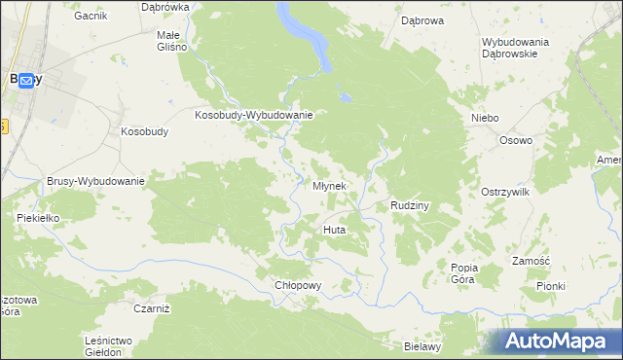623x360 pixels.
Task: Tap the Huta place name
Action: pyautogui.click(x=335, y=230)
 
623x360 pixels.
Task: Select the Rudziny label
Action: pyautogui.click(x=410, y=205)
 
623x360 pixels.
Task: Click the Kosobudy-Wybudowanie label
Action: pyautogui.click(x=253, y=115)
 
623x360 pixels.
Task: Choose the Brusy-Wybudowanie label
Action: pyautogui.click(x=95, y=181)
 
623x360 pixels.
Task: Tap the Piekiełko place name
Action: pyautogui.click(x=39, y=218)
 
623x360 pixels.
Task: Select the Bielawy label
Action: pyautogui.click(x=423, y=345)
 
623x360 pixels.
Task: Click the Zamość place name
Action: pyautogui.click(x=531, y=261)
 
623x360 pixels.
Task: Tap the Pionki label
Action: pyautogui.click(x=551, y=286)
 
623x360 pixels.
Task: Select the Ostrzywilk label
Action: pyautogui.click(x=505, y=193)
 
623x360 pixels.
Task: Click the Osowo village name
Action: pyautogui.click(x=516, y=140)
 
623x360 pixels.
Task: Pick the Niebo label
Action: pyautogui.click(x=485, y=118)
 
